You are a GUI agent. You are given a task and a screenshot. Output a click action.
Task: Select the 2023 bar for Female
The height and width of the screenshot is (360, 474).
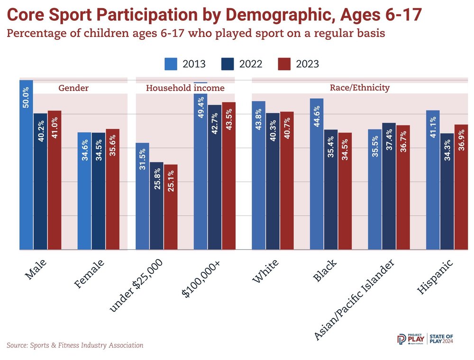(x=112, y=189)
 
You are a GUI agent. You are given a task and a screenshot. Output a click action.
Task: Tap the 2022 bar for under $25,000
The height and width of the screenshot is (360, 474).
(x=157, y=206)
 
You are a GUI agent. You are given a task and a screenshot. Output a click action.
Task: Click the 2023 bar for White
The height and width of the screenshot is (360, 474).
(x=287, y=180)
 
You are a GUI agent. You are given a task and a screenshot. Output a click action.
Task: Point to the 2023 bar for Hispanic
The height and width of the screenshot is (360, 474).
(x=461, y=187)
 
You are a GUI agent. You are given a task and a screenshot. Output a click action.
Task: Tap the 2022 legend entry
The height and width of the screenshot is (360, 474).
(x=241, y=64)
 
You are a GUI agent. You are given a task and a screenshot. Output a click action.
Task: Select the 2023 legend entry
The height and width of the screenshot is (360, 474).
(x=298, y=64)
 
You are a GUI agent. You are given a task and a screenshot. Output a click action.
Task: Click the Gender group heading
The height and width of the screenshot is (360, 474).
(x=73, y=88)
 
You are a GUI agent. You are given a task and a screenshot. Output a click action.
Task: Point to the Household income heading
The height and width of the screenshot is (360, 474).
(x=185, y=88)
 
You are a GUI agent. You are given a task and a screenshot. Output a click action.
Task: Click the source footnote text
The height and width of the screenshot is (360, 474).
(x=75, y=345)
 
